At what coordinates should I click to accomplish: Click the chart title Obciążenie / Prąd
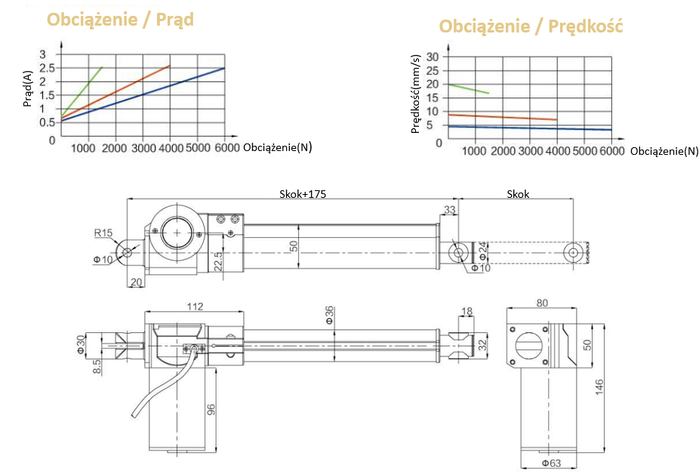click(121, 20)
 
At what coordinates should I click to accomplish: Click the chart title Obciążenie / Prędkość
click(531, 26)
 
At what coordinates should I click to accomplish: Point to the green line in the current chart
click(83, 90)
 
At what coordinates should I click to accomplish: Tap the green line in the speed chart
click(468, 88)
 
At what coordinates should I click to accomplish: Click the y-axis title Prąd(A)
click(28, 88)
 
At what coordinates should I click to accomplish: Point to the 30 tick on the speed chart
click(433, 57)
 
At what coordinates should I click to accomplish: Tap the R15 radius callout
click(103, 233)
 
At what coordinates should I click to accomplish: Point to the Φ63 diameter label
click(550, 463)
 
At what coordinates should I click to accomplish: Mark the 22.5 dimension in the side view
click(217, 261)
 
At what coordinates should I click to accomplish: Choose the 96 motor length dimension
click(211, 410)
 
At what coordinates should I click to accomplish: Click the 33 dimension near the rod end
click(450, 209)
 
